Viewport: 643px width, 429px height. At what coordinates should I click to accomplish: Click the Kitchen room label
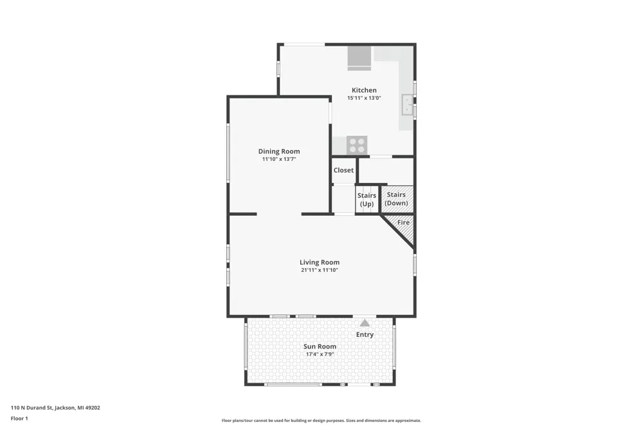(x=364, y=90)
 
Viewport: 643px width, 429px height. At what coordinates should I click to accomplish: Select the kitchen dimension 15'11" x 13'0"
(x=364, y=98)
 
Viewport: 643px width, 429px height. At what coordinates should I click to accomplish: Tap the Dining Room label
(x=279, y=151)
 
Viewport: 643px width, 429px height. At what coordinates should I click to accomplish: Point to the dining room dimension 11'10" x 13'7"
(x=279, y=159)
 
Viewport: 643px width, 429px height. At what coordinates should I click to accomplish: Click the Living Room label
(x=320, y=262)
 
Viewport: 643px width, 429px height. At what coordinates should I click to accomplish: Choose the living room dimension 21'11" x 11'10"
(x=320, y=270)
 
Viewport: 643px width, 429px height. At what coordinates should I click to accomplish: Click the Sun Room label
(x=320, y=347)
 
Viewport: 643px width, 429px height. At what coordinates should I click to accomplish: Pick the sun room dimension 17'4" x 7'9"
(x=320, y=354)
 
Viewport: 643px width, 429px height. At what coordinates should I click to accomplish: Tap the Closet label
(x=343, y=170)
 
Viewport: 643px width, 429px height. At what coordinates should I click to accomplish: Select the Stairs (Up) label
(x=367, y=200)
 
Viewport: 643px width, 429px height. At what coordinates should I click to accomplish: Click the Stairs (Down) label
(x=396, y=199)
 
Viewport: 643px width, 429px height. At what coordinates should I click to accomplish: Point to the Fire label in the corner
(x=404, y=222)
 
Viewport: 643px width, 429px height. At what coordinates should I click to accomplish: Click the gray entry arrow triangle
(x=365, y=323)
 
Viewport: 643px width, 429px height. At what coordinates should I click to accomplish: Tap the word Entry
(x=365, y=334)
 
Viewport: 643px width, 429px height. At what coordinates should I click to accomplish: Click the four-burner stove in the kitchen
(x=357, y=145)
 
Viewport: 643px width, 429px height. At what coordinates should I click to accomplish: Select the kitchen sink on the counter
(x=407, y=105)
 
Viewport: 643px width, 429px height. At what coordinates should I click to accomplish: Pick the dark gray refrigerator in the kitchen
(x=359, y=58)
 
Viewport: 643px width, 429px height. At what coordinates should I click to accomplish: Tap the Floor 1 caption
(x=19, y=419)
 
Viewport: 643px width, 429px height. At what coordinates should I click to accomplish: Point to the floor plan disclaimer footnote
(x=321, y=421)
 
